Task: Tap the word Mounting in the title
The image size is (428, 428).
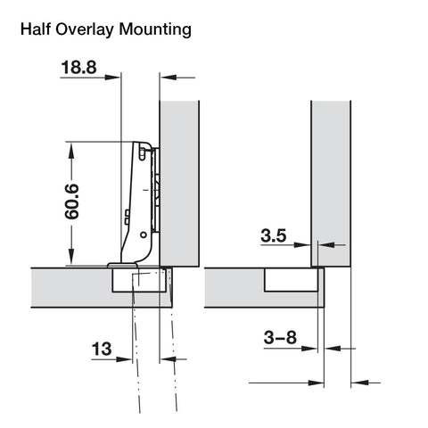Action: click(155, 30)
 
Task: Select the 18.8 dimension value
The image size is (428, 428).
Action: click(78, 67)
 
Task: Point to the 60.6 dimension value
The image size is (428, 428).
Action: click(72, 202)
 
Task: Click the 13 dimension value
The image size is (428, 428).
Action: click(102, 349)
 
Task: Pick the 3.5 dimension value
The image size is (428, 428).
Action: click(274, 235)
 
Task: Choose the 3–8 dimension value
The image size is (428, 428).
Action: click(280, 338)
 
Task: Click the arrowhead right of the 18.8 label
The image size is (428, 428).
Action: click(113, 78)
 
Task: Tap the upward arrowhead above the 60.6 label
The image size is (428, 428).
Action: click(71, 150)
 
